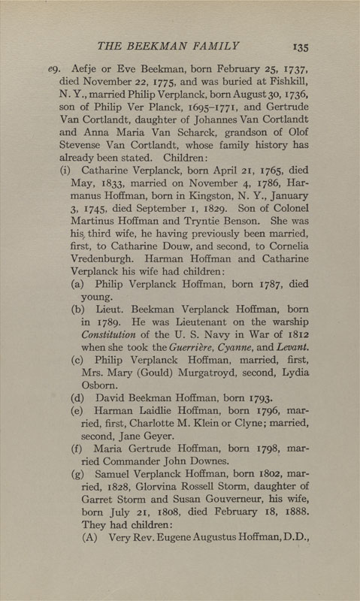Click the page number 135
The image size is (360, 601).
click(x=301, y=47)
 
